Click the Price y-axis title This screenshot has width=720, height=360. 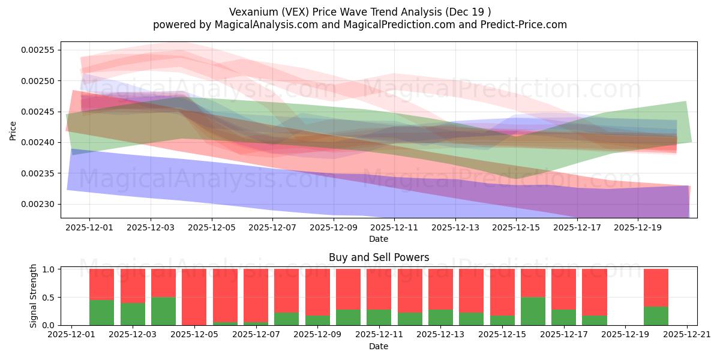click(x=13, y=130)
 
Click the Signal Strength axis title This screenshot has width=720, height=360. click(x=34, y=296)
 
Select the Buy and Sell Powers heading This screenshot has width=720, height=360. click(x=379, y=257)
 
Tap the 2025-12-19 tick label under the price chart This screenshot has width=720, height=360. click(x=638, y=228)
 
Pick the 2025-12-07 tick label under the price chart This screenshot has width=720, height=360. click(x=272, y=228)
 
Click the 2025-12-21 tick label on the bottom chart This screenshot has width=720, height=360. click(x=687, y=335)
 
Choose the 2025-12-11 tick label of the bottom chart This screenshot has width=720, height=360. click(x=379, y=335)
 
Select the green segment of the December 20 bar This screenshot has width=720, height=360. click(x=656, y=316)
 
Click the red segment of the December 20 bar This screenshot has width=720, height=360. click(x=656, y=287)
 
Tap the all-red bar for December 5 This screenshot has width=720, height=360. click(x=194, y=297)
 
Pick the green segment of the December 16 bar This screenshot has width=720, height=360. click(x=533, y=311)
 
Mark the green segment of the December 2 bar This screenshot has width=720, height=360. click(x=102, y=312)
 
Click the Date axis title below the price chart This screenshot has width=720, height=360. click(x=379, y=239)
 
